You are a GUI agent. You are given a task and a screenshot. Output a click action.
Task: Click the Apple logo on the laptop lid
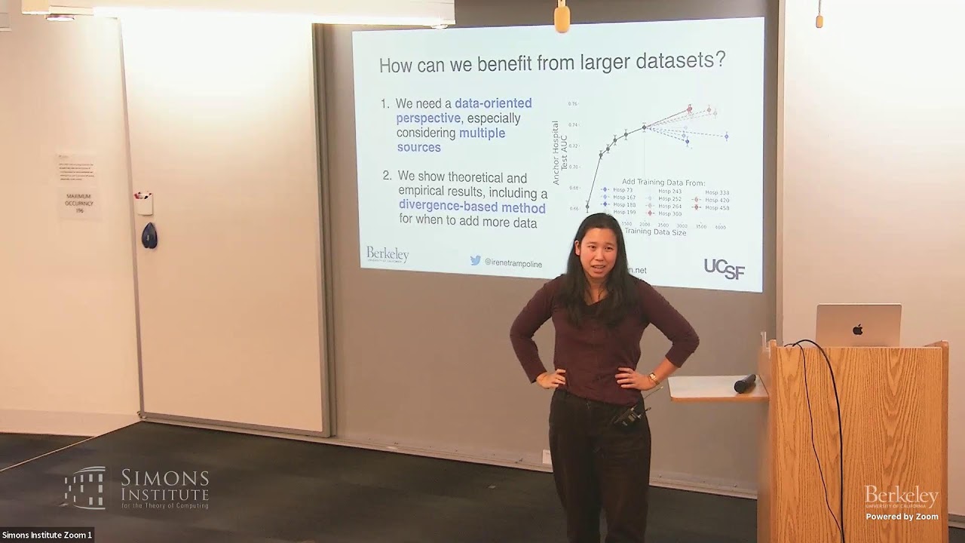pos(857,330)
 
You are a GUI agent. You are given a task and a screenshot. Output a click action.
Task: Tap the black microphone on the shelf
pos(745,383)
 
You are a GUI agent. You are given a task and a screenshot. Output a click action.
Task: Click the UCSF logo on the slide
pos(724,268)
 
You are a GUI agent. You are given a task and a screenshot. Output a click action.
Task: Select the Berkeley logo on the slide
pos(388,255)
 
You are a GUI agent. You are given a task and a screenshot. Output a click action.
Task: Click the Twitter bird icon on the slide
pos(476,260)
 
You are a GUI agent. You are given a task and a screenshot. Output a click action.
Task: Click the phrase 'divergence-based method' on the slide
pos(472,207)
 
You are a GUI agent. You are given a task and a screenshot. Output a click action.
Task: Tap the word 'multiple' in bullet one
pos(482,133)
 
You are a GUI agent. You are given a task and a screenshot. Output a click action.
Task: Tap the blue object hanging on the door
pos(149,235)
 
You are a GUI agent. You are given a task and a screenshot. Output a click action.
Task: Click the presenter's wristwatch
pos(653,378)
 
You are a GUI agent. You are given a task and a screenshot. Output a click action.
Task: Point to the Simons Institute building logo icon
pos(85,487)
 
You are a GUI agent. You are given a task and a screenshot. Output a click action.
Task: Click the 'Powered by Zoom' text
pos(902,517)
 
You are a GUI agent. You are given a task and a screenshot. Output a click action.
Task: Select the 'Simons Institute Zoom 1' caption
pos(47,535)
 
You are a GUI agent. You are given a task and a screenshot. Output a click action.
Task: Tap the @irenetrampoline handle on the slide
pos(513,262)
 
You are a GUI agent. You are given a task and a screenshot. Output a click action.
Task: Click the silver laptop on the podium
pos(858,325)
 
